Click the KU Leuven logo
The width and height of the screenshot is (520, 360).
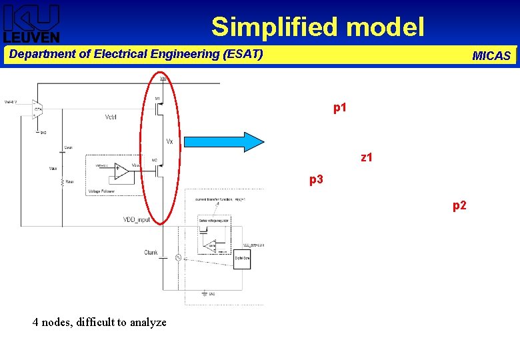[32, 23]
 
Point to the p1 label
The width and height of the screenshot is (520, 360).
[340, 107]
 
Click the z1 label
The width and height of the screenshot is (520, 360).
[367, 158]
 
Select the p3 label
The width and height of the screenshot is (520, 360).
[316, 179]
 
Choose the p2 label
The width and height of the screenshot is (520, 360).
[460, 206]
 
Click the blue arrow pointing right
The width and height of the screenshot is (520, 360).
[224, 143]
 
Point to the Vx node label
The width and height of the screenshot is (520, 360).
[170, 141]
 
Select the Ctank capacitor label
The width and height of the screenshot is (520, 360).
[151, 252]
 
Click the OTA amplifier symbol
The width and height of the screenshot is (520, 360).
[38, 109]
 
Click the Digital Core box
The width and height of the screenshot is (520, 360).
[243, 259]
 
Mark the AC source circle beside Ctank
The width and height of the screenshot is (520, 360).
[179, 257]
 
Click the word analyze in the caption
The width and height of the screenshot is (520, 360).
[147, 323]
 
